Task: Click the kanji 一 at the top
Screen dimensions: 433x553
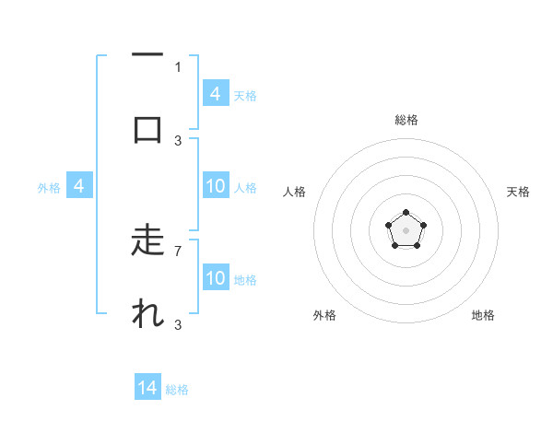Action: pyautogui.click(x=147, y=56)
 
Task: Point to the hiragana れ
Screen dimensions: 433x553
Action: pyautogui.click(x=147, y=314)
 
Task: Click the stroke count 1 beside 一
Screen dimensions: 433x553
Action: pyautogui.click(x=178, y=66)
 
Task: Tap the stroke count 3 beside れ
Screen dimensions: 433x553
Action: pyautogui.click(x=178, y=324)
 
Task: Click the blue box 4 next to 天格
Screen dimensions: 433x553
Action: pyautogui.click(x=216, y=93)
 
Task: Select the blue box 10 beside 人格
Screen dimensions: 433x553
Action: pyautogui.click(x=216, y=186)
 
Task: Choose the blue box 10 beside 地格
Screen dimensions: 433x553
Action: pyautogui.click(x=216, y=278)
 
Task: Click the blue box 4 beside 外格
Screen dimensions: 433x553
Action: pyautogui.click(x=79, y=186)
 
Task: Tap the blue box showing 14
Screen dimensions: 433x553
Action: pyautogui.click(x=147, y=388)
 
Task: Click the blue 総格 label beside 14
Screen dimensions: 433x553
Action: pyautogui.click(x=177, y=390)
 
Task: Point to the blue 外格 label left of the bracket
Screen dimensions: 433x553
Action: pyautogui.click(x=49, y=188)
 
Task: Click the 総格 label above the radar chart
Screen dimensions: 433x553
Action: pyautogui.click(x=406, y=120)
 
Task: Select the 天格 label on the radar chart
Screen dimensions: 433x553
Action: pyautogui.click(x=518, y=192)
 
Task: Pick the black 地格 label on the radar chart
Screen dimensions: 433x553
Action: pyautogui.click(x=483, y=315)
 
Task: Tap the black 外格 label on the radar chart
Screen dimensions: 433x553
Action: pyautogui.click(x=324, y=315)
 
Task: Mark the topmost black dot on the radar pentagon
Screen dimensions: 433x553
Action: pyautogui.click(x=406, y=213)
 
